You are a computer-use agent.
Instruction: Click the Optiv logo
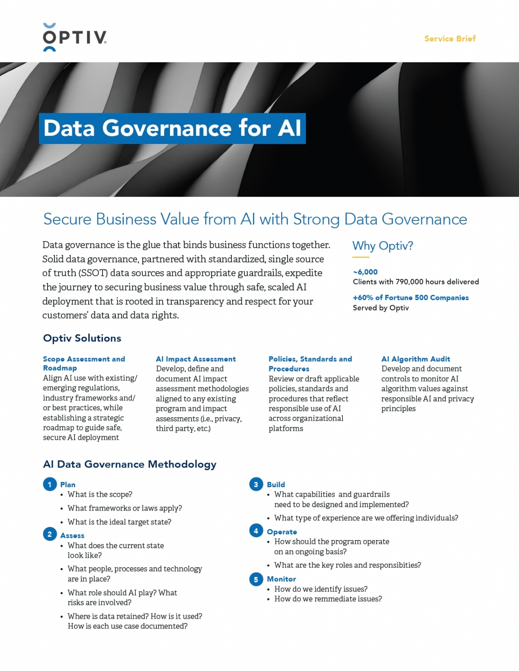[x=75, y=38]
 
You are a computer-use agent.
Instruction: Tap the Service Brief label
[x=450, y=38]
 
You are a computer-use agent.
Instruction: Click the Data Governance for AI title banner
[x=172, y=128]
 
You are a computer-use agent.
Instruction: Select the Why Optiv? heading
[x=383, y=246]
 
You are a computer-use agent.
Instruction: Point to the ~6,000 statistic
[x=365, y=272]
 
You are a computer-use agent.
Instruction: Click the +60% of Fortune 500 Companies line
[x=410, y=297]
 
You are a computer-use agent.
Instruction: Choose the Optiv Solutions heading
[x=82, y=338]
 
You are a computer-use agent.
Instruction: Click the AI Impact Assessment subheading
[x=195, y=359]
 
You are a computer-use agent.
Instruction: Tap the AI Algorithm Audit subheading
[x=416, y=359]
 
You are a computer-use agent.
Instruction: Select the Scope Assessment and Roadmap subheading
[x=83, y=363]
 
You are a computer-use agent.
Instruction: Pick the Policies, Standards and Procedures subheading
[x=310, y=364]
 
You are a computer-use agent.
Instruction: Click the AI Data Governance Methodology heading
[x=130, y=464]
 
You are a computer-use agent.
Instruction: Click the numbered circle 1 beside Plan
[x=50, y=484]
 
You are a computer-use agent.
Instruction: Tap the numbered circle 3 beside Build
[x=256, y=484]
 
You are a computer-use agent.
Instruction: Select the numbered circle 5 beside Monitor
[x=256, y=579]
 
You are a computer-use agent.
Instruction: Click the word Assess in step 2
[x=72, y=536]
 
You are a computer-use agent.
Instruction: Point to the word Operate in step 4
[x=282, y=532]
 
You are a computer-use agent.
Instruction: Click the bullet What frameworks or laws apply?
[x=125, y=508]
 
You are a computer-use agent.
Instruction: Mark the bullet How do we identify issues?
[x=321, y=589]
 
